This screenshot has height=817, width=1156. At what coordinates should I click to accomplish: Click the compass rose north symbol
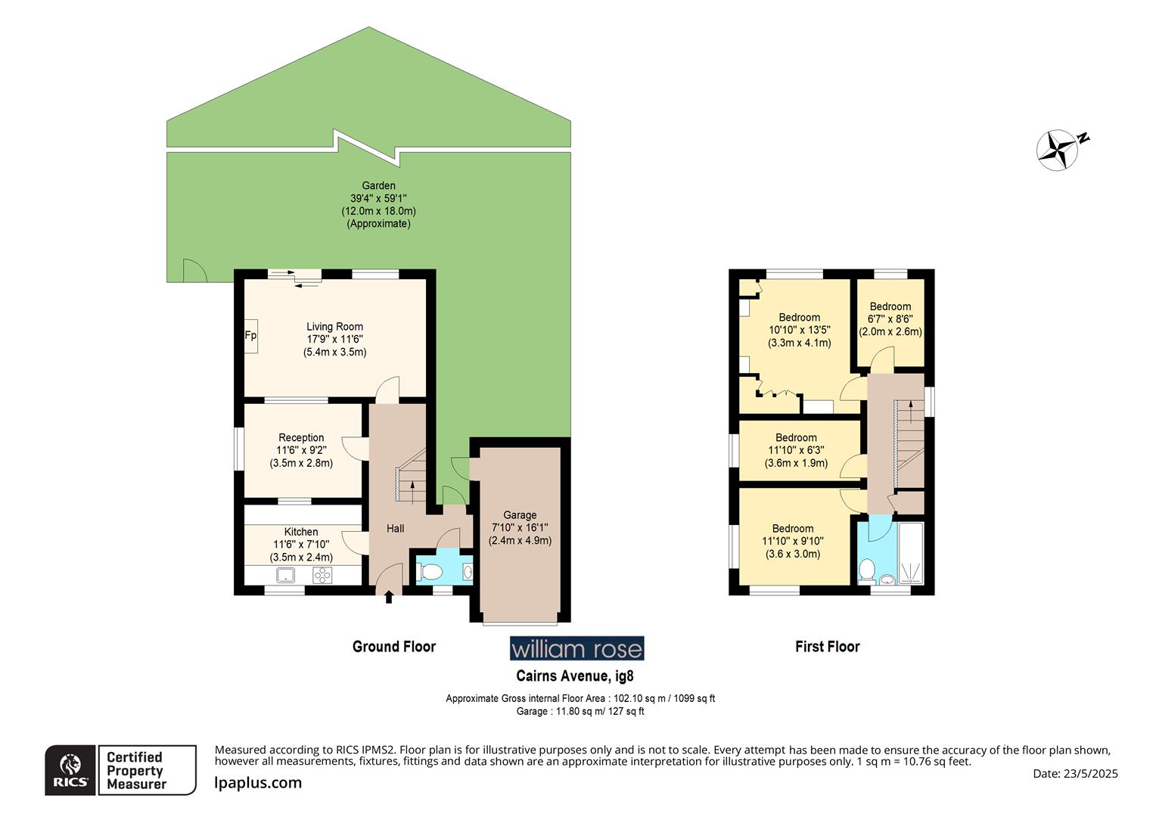[1058, 148]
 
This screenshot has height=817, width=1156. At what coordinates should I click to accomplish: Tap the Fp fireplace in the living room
[250, 336]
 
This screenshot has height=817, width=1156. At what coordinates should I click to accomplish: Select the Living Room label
[334, 327]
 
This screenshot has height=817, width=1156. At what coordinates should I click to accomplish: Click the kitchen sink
[286, 575]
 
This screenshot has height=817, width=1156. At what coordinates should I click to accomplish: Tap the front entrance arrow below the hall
[389, 598]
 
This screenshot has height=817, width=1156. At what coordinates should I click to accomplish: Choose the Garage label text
[520, 515]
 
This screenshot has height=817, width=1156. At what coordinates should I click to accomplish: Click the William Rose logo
[576, 648]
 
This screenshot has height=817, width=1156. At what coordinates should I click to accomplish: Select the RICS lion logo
[71, 770]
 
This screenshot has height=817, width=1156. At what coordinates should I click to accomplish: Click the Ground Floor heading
[393, 647]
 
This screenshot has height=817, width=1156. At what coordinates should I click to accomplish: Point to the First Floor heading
[827, 647]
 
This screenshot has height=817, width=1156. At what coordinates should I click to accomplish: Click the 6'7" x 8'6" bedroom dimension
[890, 319]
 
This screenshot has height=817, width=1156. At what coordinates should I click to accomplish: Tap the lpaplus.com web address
[258, 784]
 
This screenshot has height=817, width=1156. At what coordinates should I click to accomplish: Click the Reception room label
[301, 437]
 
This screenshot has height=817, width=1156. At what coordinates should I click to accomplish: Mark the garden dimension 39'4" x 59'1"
[378, 198]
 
